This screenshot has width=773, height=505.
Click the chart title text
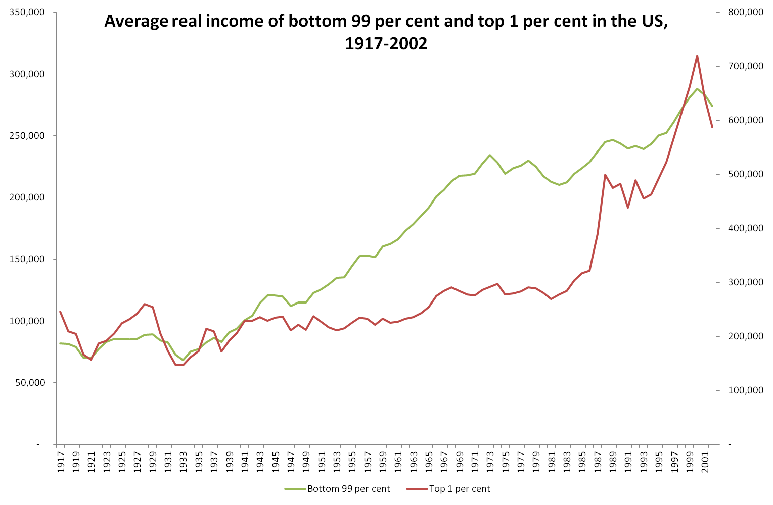[x=386, y=32]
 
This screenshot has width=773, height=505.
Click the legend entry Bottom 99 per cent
[x=348, y=488]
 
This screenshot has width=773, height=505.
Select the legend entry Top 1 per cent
[x=459, y=488]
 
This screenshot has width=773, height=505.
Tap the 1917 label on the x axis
[x=61, y=461]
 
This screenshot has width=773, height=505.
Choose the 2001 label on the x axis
[x=704, y=461]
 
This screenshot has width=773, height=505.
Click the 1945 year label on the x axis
[x=275, y=461]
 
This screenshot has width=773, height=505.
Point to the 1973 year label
[x=490, y=461]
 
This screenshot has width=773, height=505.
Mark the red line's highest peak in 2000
[x=697, y=56]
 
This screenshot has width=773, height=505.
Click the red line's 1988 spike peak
[x=605, y=175]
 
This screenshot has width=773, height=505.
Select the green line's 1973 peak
[x=490, y=155]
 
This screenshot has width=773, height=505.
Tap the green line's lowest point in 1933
[x=183, y=360]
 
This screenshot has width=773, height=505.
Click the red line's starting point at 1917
[x=60, y=312]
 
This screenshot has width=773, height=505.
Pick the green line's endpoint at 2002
[x=712, y=106]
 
